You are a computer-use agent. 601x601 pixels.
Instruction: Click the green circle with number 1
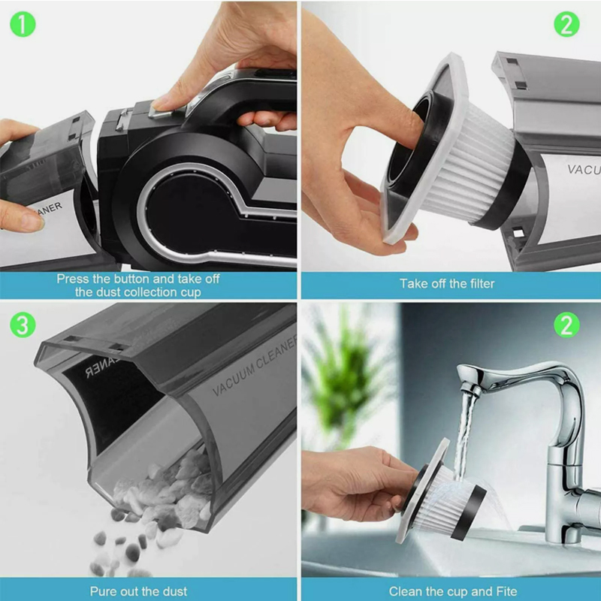[23, 24]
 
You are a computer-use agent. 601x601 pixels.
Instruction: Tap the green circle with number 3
[23, 325]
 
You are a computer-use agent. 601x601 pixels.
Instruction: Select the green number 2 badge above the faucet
[566, 325]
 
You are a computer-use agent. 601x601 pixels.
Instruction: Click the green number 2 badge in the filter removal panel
[566, 24]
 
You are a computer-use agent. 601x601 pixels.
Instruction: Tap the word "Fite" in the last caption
[506, 591]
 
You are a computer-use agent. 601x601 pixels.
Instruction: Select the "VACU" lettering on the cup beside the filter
[584, 169]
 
